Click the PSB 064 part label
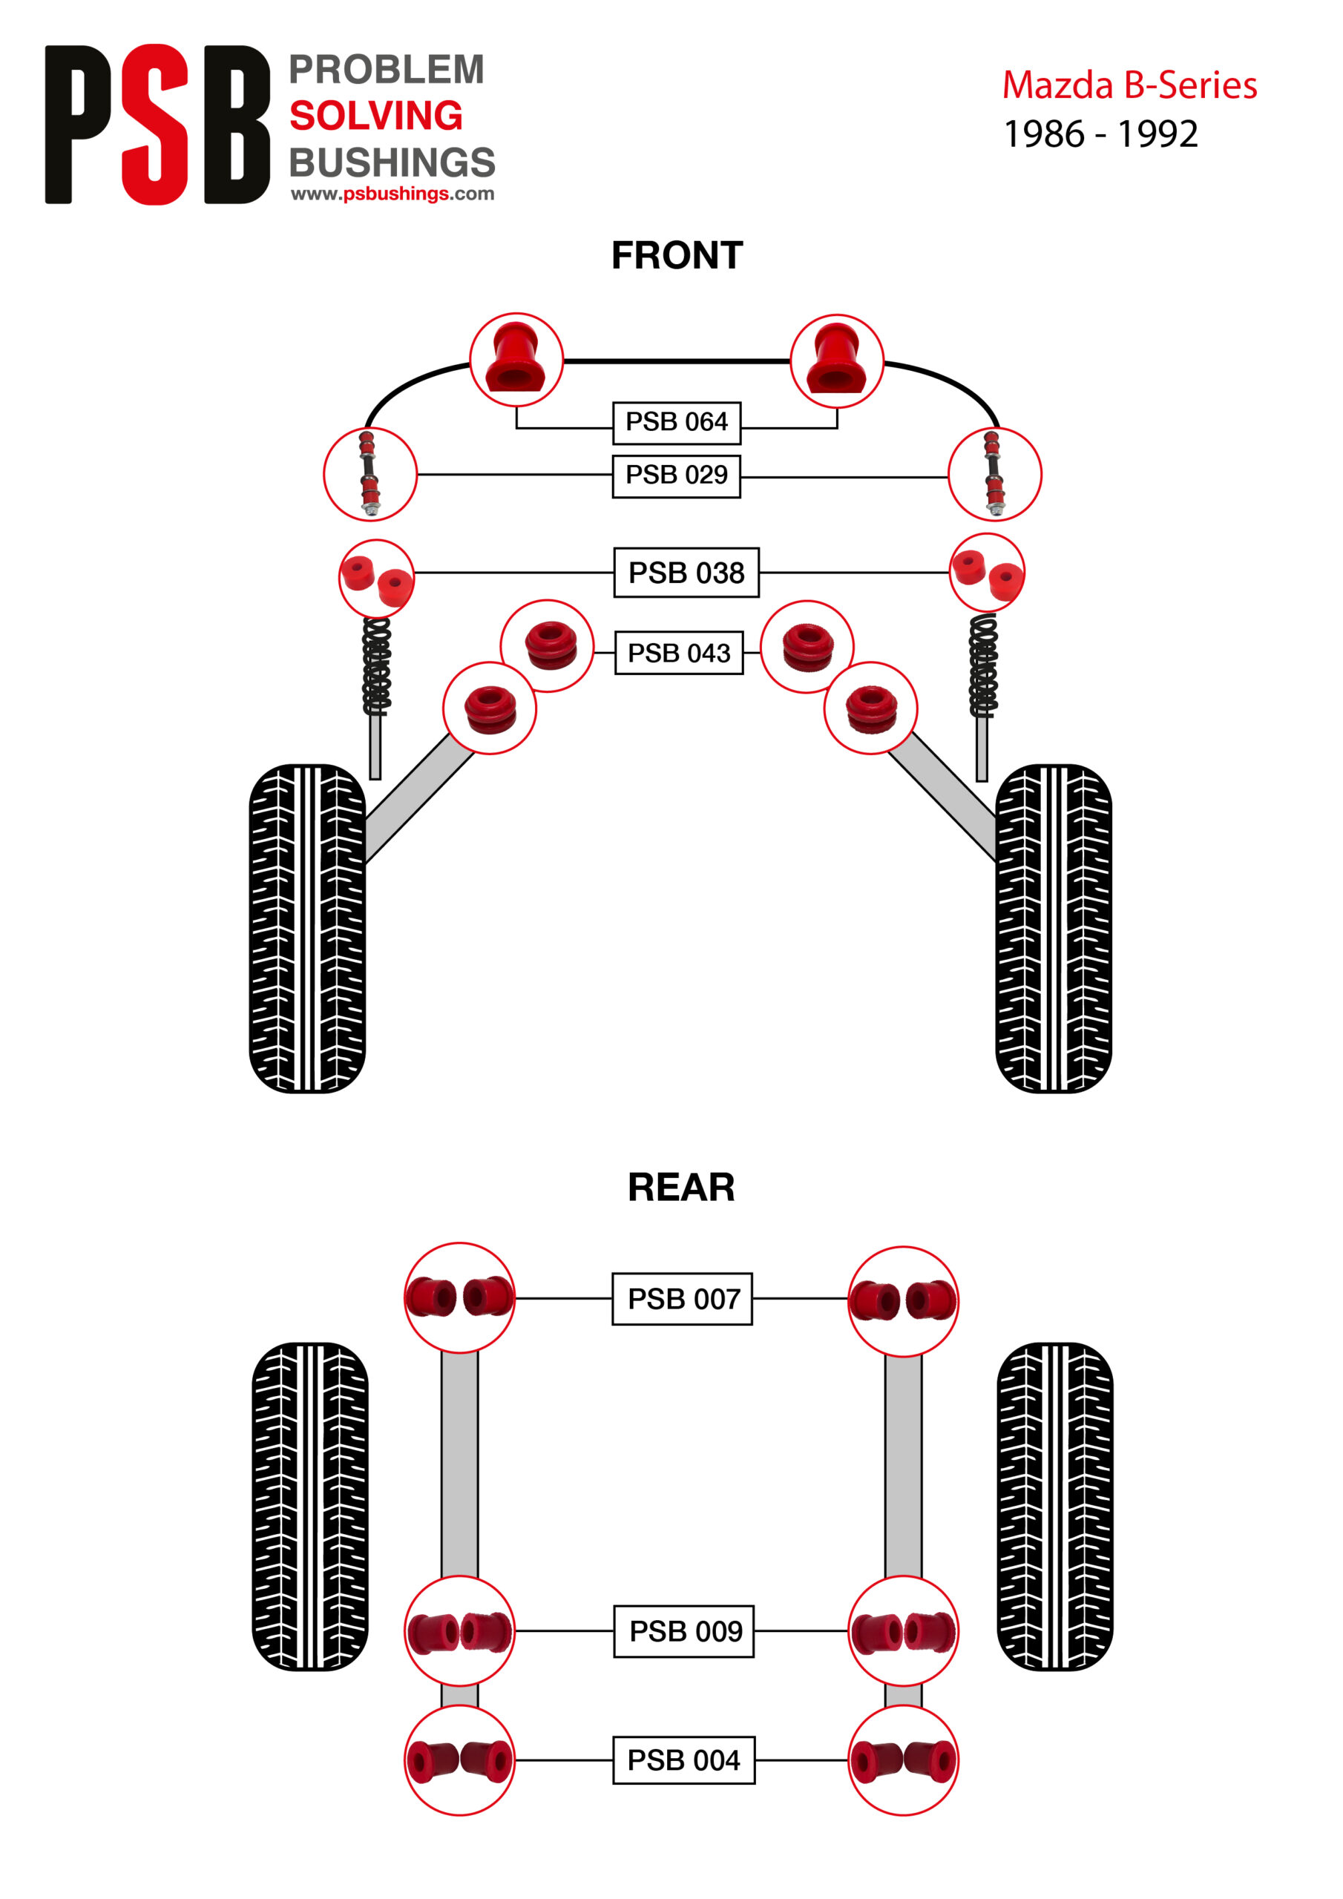676,423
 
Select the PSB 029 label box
676,475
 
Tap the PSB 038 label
686,573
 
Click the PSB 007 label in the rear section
683,1299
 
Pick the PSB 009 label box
684,1631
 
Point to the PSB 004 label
683,1760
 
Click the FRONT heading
677,256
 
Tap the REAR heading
680,1188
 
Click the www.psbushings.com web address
393,194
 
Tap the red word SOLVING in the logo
375,116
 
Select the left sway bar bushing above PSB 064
516,360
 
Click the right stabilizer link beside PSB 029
994,474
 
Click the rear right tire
1054,1507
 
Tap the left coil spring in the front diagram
376,667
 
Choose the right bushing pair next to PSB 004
903,1760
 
